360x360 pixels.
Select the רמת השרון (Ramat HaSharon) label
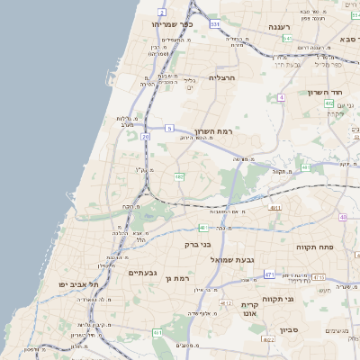212,130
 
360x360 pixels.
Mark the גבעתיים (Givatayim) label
143,272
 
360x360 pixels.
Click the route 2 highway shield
161,12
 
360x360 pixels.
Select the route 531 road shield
214,24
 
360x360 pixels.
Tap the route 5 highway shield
169,129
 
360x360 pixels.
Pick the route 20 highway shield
145,136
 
